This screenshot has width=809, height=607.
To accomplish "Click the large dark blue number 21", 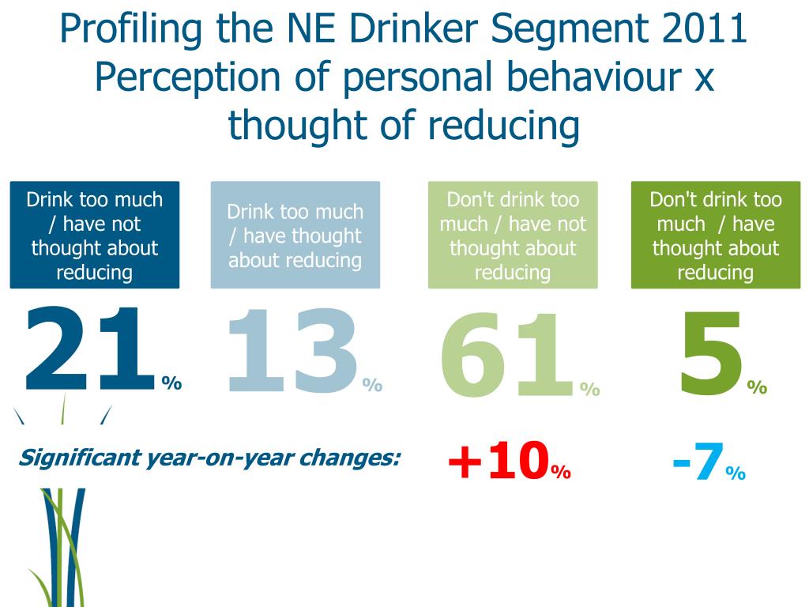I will coord(87,352).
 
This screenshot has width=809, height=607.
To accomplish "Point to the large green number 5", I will coord(711,353).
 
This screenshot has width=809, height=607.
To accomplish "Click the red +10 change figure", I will coord(499,462).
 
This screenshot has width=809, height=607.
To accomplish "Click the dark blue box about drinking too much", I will coord(95,236).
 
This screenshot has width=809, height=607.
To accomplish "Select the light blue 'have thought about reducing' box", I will coord(295,236).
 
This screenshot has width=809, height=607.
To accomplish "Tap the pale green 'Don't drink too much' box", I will coord(513,236).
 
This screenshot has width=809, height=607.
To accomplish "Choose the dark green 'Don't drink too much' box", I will coord(715,236).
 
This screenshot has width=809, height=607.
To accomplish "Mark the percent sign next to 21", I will coord(172,384).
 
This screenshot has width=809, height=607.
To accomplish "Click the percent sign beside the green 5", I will coord(757,387).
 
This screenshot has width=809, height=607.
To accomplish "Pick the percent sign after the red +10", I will coord(561,473).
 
